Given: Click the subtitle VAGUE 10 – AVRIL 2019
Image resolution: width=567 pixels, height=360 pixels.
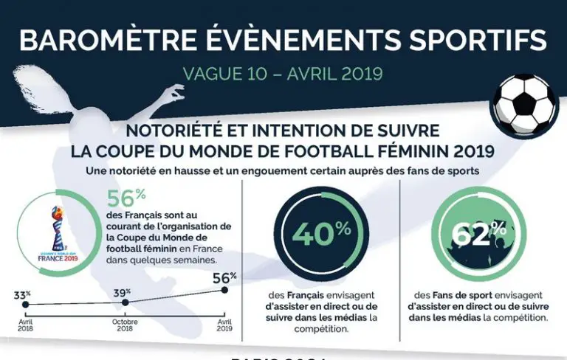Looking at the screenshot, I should pyautogui.click(x=283, y=75).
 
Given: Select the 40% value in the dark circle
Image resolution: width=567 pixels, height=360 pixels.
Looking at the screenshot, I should pyautogui.click(x=320, y=233).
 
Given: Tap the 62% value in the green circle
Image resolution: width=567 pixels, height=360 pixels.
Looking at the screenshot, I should pyautogui.click(x=479, y=233).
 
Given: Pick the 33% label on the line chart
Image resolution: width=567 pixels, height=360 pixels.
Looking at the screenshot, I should pyautogui.click(x=21, y=296).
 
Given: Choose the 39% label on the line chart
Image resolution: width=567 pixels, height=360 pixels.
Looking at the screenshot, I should pyautogui.click(x=122, y=293).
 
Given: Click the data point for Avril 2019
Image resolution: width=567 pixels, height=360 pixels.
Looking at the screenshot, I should pyautogui.click(x=224, y=290).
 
